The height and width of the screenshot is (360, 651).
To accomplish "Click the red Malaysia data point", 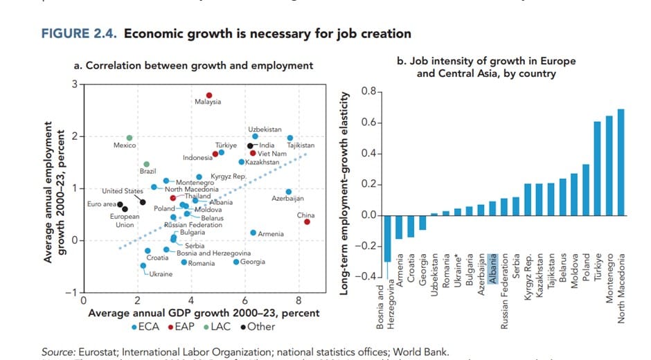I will (208, 96).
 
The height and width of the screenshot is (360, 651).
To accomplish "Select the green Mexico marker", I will (129, 138).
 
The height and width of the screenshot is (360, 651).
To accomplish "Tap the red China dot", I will (307, 222).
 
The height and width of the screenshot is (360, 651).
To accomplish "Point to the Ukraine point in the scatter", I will (143, 265).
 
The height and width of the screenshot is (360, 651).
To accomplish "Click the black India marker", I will (251, 145).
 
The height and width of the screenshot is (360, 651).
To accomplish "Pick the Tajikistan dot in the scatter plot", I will (289, 138).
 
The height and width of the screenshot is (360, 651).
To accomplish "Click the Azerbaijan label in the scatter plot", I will (289, 199).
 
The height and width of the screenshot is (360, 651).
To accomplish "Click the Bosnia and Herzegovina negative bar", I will (387, 238).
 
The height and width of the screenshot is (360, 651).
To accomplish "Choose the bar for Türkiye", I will (596, 168).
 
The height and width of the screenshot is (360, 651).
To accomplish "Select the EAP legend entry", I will (181, 327).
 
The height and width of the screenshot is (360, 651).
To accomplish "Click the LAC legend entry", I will (222, 327).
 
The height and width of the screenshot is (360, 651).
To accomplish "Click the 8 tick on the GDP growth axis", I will (299, 301).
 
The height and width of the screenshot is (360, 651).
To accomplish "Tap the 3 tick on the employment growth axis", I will (75, 84).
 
